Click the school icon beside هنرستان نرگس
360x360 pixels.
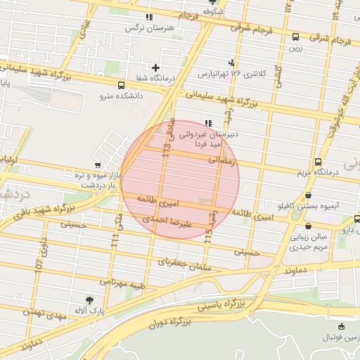click(x=148, y=17)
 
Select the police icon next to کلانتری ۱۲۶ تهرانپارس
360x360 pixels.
click(x=232, y=62)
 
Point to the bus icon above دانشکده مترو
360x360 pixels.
click(x=122, y=84)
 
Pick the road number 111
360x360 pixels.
click(x=114, y=240)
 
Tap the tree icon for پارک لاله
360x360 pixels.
click(x=89, y=300)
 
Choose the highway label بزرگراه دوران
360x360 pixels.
click(x=170, y=324)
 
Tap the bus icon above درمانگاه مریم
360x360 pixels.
click(x=319, y=162)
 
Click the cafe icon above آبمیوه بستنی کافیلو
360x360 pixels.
click(x=308, y=195)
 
